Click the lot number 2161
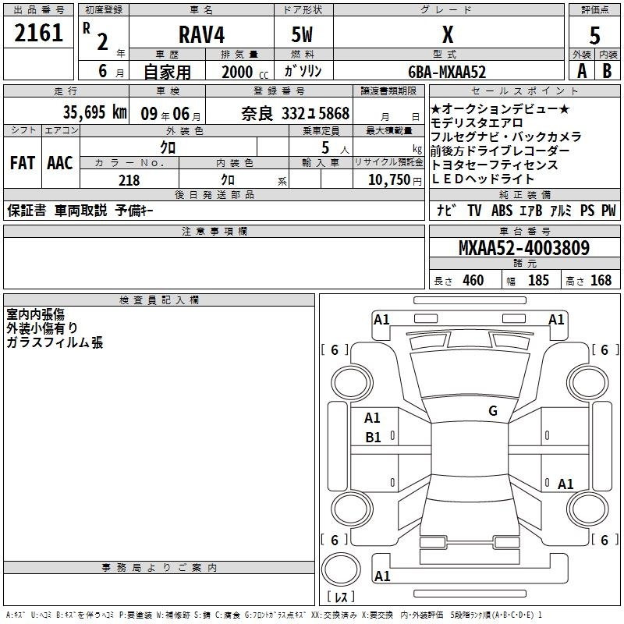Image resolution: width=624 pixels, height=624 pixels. pyautogui.click(x=38, y=33)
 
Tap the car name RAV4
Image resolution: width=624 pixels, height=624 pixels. pyautogui.click(x=202, y=34)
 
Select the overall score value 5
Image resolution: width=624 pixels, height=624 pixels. pyautogui.click(x=594, y=35)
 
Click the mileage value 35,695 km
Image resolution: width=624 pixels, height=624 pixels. pyautogui.click(x=94, y=112)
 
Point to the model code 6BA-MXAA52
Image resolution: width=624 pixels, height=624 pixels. pyautogui.click(x=447, y=72)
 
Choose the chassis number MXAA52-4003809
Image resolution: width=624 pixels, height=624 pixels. pyautogui.click(x=524, y=247)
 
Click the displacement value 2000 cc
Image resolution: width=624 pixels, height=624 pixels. pyautogui.click(x=245, y=73)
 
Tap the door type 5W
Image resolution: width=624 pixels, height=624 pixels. pyautogui.click(x=302, y=34)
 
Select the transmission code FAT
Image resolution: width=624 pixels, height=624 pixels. pyautogui.click(x=23, y=163)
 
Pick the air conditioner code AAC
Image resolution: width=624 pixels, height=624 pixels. pyautogui.click(x=60, y=163)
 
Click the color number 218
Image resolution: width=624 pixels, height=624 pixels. pyautogui.click(x=129, y=180)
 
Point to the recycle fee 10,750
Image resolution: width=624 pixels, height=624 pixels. pyautogui.click(x=389, y=180)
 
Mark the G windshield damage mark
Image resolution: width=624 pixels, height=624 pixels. pyautogui.click(x=493, y=411)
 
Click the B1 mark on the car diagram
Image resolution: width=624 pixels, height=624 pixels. pyautogui.click(x=373, y=438)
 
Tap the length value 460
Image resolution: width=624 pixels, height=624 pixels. pyautogui.click(x=473, y=280)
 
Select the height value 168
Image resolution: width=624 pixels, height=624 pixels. pyautogui.click(x=601, y=280)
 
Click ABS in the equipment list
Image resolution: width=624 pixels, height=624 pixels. pyautogui.click(x=502, y=211)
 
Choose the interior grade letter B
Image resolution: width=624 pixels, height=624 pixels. pyautogui.click(x=607, y=71)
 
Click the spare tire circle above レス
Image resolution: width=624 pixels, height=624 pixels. pyautogui.click(x=341, y=569)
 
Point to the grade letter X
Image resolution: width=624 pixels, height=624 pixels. pyautogui.click(x=448, y=34)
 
